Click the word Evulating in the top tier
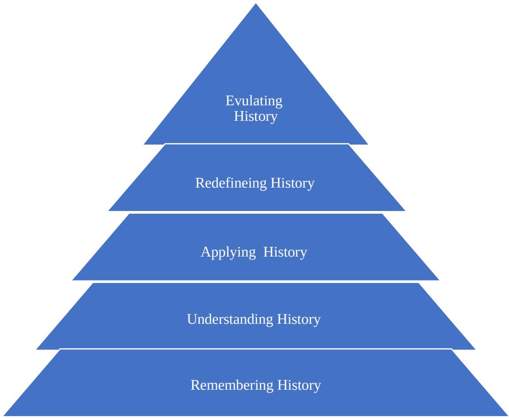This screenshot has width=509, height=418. (x=254, y=101)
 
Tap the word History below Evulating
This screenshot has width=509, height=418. (x=256, y=117)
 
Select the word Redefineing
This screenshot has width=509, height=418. (x=227, y=183)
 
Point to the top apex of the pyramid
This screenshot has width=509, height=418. (x=256, y=4)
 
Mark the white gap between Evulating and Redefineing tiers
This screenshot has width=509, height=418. (x=256, y=144)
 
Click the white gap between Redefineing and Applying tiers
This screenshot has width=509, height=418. (x=256, y=212)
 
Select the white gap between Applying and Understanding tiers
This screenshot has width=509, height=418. (x=256, y=282)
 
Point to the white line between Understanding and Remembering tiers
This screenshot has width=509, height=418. (x=256, y=349)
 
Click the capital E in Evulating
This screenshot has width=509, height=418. (x=229, y=101)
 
